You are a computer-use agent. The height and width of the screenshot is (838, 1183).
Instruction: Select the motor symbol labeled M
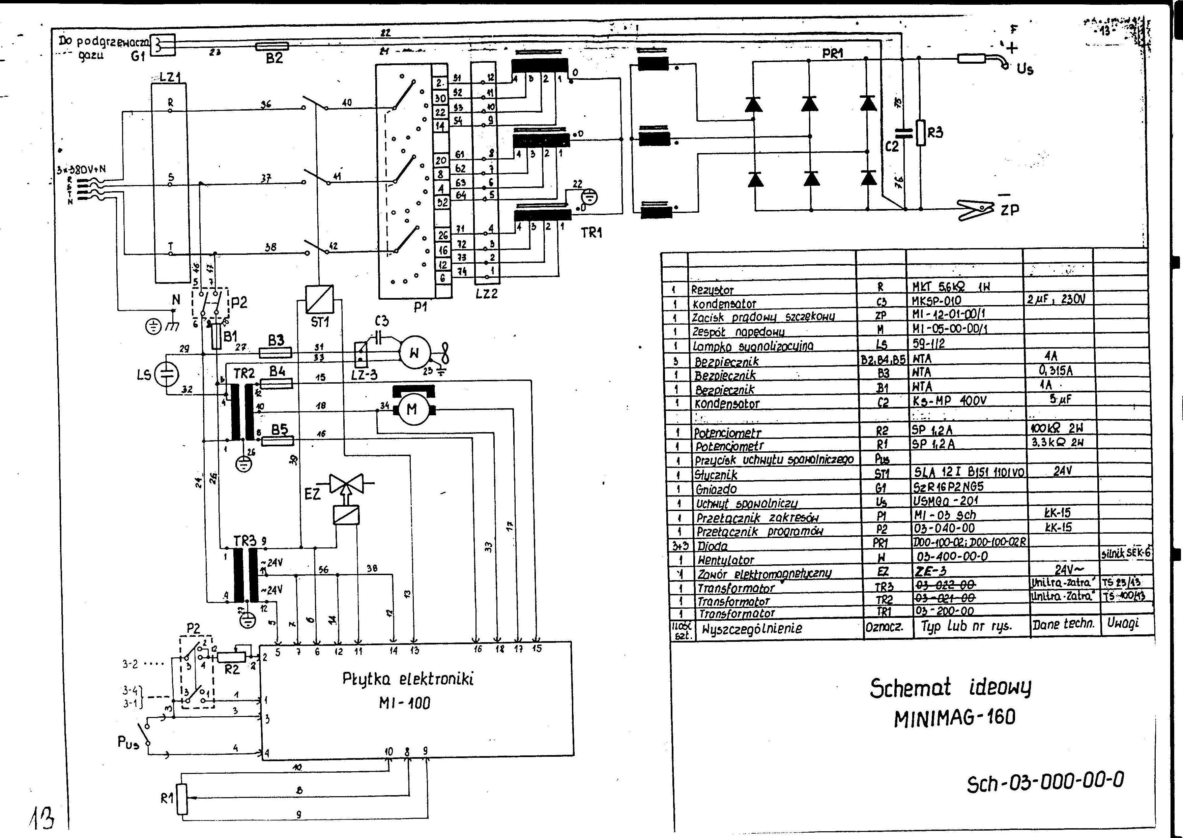(412, 409)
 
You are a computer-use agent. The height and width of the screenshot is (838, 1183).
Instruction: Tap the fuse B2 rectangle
(272, 47)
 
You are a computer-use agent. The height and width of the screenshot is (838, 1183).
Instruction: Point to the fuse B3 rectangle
(275, 353)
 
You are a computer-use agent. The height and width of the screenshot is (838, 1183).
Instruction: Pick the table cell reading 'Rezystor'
(712, 290)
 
